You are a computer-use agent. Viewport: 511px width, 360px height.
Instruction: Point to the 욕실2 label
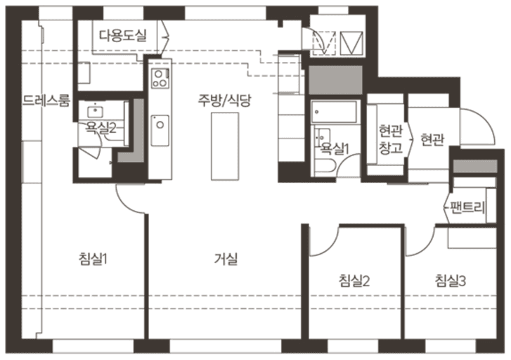[101, 127]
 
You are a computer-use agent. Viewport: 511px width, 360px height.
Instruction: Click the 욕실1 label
[335, 148]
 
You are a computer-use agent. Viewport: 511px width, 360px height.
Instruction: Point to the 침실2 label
[354, 282]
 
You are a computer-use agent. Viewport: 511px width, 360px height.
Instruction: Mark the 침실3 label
[451, 282]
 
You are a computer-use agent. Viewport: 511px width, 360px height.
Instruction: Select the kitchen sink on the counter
[160, 125]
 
